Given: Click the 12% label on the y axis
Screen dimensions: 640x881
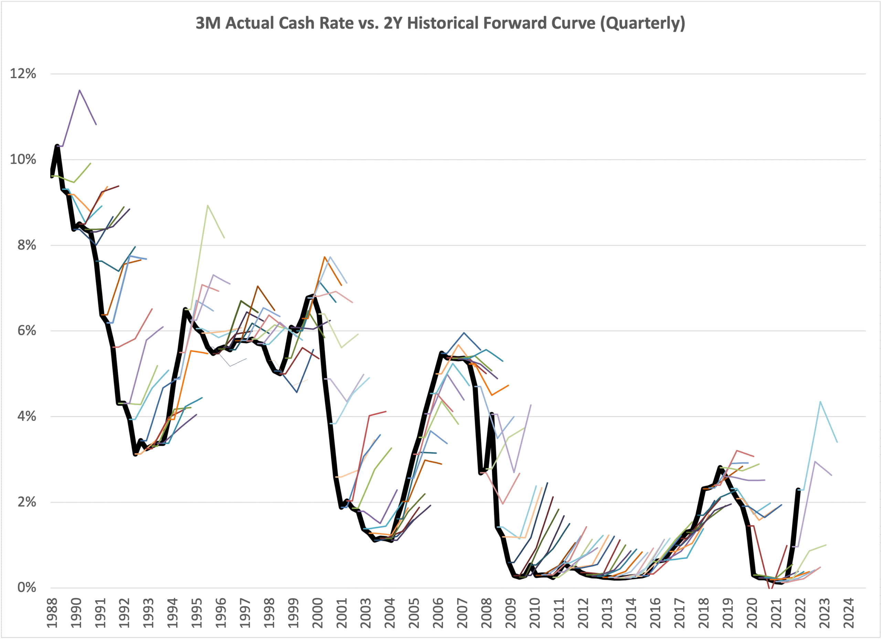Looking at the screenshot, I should (x=23, y=73).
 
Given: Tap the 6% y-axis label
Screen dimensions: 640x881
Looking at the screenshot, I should (x=27, y=331).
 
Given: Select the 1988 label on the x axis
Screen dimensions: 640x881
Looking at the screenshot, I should (x=52, y=613).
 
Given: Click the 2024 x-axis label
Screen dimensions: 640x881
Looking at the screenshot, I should (x=849, y=613).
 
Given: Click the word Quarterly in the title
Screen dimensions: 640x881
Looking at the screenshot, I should (x=643, y=23).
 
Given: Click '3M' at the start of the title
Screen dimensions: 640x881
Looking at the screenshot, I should (x=208, y=23).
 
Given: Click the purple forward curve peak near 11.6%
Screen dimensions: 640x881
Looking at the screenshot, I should (x=79, y=90).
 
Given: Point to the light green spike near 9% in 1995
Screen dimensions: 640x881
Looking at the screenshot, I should (x=208, y=205).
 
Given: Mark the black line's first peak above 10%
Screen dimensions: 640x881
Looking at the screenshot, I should (x=57, y=146).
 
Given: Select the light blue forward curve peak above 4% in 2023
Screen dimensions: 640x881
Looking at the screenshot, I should (x=820, y=402).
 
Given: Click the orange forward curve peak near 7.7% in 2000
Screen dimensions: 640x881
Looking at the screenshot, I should (x=325, y=257).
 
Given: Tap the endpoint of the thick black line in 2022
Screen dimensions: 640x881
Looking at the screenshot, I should (x=798, y=490).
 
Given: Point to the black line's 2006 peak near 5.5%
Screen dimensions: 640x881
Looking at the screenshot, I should (x=442, y=353).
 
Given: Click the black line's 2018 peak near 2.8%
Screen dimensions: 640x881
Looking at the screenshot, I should (x=720, y=467).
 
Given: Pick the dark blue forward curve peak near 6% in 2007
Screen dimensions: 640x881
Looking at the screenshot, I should (x=464, y=333).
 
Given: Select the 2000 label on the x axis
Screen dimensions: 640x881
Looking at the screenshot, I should (x=318, y=613).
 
